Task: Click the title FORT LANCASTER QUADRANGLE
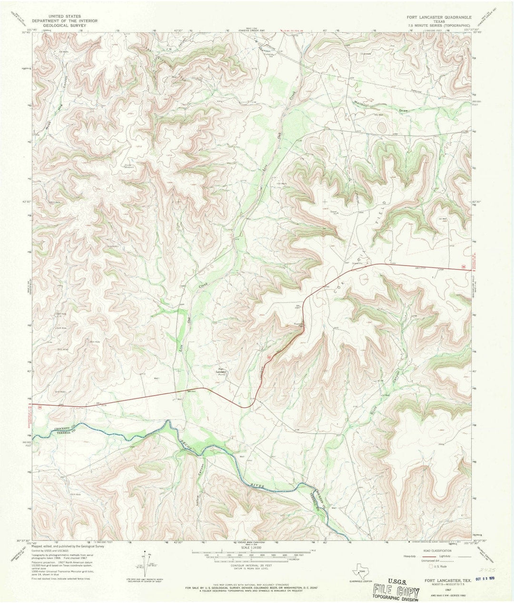pos(438,16)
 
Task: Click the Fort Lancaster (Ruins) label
pos(221,371)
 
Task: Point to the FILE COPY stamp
pos(396,592)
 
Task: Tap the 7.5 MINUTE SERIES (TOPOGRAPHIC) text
pos(438,26)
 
